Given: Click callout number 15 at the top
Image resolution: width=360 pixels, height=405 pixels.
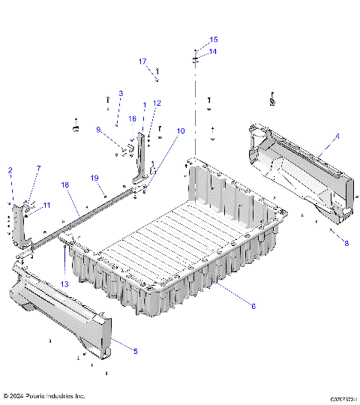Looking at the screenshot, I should click(214, 39).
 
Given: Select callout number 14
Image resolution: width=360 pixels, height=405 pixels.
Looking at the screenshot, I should click(213, 52).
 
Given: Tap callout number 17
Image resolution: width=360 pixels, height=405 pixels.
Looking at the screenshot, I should click(142, 61).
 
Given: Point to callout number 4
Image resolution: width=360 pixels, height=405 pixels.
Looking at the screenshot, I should click(337, 136).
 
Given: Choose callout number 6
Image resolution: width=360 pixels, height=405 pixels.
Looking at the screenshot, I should click(253, 306).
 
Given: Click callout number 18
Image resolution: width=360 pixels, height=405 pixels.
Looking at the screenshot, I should click(65, 184).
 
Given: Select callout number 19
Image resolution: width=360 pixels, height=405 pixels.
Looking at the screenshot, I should click(95, 178).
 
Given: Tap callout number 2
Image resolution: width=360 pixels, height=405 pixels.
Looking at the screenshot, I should click(10, 171).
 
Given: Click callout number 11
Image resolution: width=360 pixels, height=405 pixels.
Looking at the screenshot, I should click(46, 205).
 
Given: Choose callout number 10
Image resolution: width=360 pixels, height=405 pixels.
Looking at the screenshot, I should click(180, 131).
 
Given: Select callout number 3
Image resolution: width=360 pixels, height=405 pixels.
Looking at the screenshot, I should click(120, 94).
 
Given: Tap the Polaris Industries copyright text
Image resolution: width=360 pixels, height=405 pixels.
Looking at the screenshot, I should click(44, 395).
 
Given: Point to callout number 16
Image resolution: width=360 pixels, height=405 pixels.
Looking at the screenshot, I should click(132, 118).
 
